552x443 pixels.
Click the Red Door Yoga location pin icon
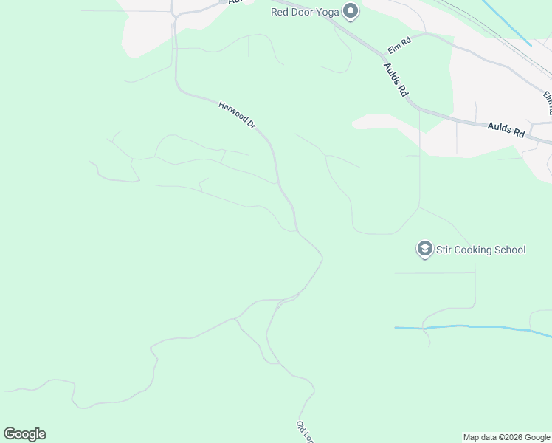351,11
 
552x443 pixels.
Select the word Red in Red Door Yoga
280,12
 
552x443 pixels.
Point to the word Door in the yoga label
303,12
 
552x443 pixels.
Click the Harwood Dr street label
236,116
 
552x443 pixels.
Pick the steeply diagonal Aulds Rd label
396,80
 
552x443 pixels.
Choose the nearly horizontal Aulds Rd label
506,130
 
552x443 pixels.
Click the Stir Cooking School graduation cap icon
424,250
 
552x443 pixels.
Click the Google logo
24,434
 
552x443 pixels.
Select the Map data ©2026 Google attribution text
506,437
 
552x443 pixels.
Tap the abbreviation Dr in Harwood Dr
250,126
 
